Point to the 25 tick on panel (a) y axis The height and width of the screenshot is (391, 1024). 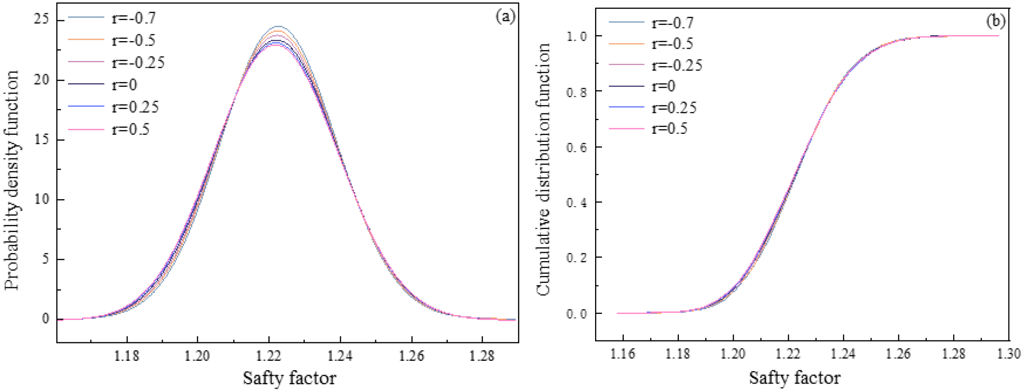pyautogui.click(x=42, y=19)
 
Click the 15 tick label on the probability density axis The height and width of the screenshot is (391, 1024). pyautogui.click(x=42, y=139)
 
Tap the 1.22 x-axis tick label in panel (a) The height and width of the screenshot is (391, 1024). pyautogui.click(x=269, y=356)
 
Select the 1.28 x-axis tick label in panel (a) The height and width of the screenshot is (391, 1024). pyautogui.click(x=482, y=356)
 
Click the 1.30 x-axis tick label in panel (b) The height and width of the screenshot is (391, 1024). pyautogui.click(x=1009, y=354)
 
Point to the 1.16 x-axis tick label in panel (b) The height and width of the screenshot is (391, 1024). pyautogui.click(x=623, y=354)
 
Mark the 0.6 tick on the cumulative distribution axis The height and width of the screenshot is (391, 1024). pyautogui.click(x=577, y=148)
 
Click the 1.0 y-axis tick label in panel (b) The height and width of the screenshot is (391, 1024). pyautogui.click(x=577, y=36)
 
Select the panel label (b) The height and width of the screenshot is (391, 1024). pyautogui.click(x=996, y=21)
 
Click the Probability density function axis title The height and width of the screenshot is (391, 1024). pyautogui.click(x=12, y=180)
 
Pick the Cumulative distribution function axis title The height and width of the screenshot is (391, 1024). pyautogui.click(x=544, y=169)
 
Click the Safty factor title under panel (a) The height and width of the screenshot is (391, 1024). pyautogui.click(x=290, y=378)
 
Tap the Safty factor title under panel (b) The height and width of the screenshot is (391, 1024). pyautogui.click(x=794, y=378)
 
